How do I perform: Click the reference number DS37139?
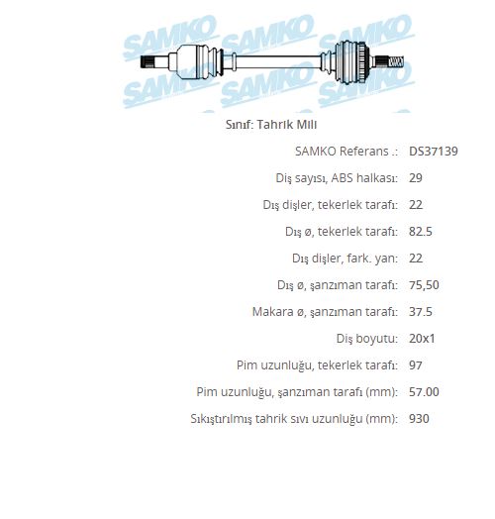(x=434, y=152)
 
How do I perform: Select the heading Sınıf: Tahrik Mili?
(x=271, y=125)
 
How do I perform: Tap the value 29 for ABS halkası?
(x=416, y=178)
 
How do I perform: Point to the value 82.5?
(x=420, y=232)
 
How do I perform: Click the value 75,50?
(x=424, y=285)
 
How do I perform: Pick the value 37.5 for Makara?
(x=420, y=312)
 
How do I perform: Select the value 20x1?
(x=422, y=339)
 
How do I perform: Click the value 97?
(x=416, y=365)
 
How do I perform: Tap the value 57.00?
(x=424, y=392)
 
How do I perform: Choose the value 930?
(x=419, y=419)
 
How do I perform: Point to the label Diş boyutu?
(x=367, y=339)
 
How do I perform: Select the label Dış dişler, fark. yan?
(x=345, y=259)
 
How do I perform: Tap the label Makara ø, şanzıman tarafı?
(x=325, y=312)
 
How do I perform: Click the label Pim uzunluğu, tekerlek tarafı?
(x=317, y=365)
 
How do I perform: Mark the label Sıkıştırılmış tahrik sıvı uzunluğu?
(x=294, y=419)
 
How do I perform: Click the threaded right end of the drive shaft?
(x=396, y=61)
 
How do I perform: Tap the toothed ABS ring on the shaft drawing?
(x=363, y=61)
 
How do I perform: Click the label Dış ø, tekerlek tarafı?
(x=342, y=232)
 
